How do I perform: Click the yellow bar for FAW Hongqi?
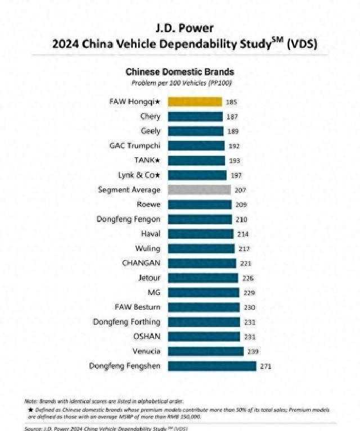pos(195,102)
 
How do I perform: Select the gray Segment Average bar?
pos(200,190)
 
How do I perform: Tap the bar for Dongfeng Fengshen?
pos(212,366)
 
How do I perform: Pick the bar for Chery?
pos(196,116)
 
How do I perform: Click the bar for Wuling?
pos(201,248)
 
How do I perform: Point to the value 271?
pos(265,366)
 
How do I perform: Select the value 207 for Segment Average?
pos(240,190)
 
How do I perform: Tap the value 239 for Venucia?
pos(253,352)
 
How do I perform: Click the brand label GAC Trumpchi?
pos(134,146)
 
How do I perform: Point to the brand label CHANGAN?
pos(141,263)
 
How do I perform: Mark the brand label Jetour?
pos(149,278)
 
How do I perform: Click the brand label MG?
pos(154,292)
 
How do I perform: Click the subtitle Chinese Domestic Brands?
pos(179,72)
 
